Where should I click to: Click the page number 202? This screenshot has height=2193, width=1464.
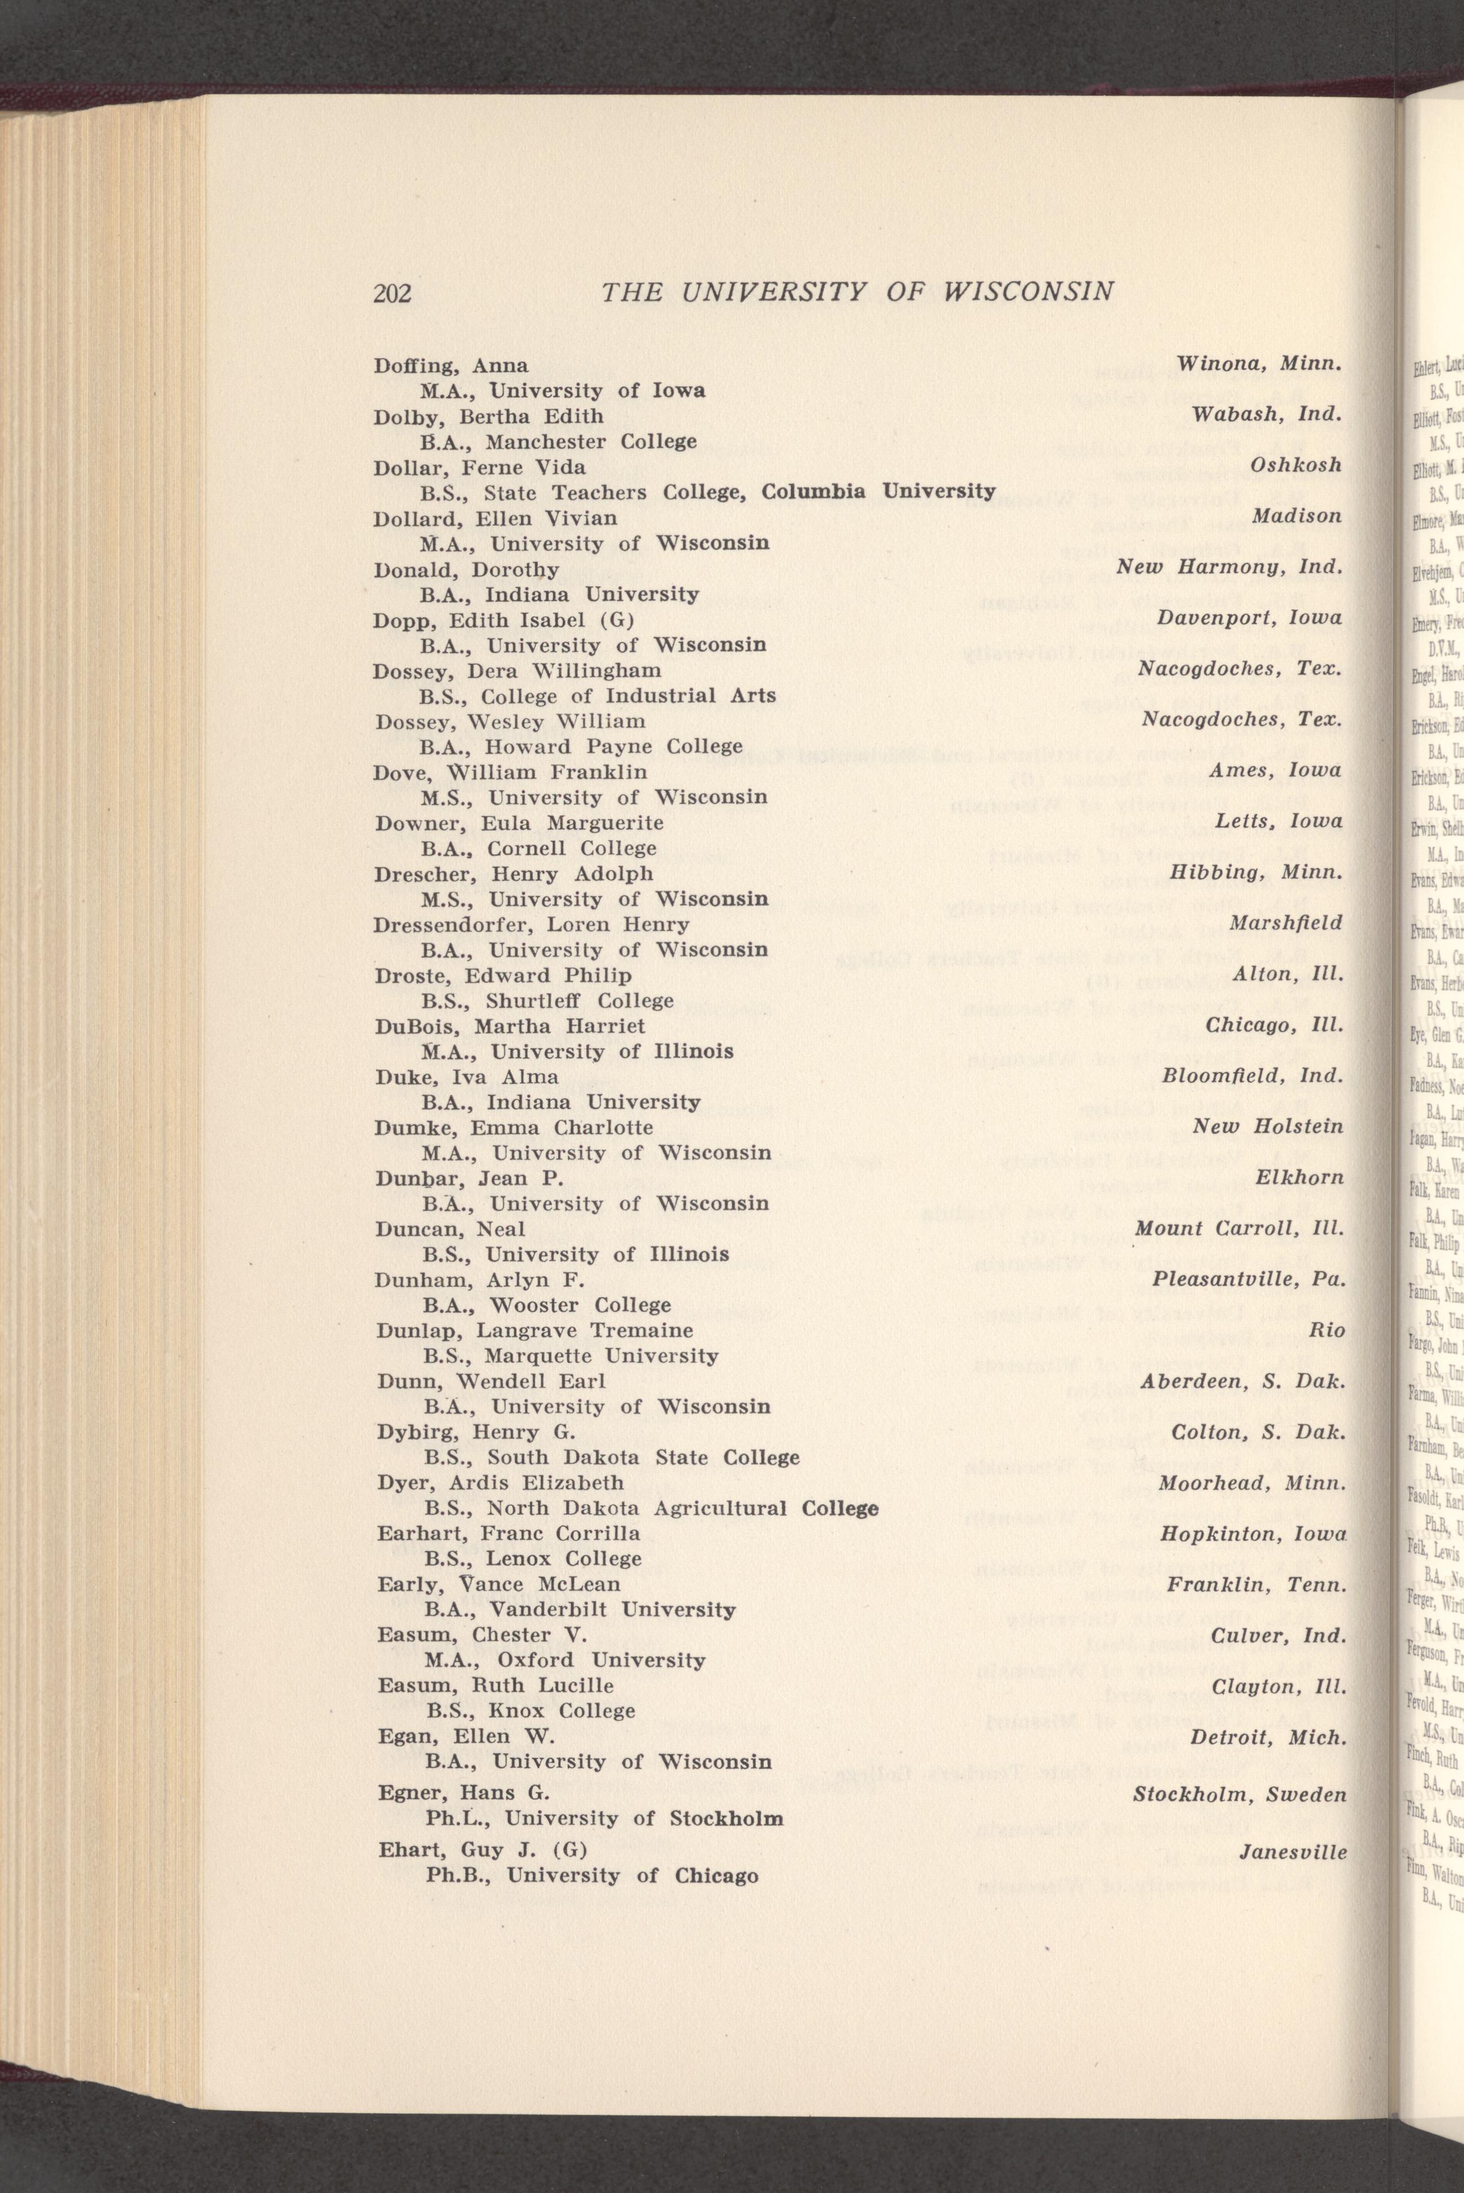(392, 293)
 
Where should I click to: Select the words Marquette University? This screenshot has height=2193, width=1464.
(604, 1355)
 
